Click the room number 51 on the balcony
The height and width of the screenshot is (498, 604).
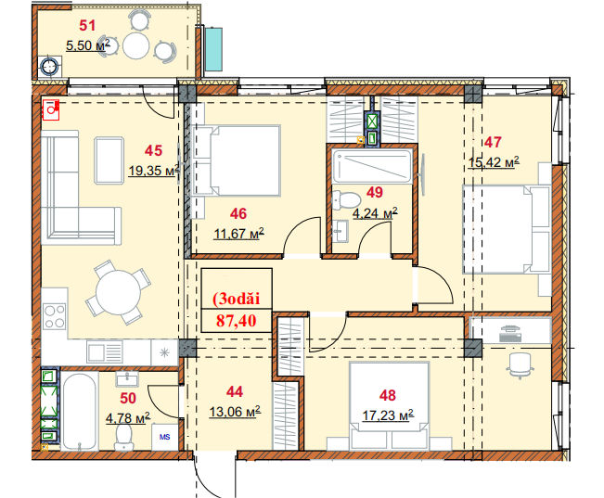[x=87, y=25]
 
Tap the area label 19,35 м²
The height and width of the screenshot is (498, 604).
[x=154, y=170]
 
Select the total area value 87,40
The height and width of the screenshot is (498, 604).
[x=237, y=321]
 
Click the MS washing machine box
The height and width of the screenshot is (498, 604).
[x=165, y=437]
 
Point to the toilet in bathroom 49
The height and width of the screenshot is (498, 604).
[x=346, y=200]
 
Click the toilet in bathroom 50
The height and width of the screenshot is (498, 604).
[x=123, y=437]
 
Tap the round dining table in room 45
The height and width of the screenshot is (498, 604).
[x=118, y=292]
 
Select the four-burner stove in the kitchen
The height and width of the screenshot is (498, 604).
[x=55, y=316]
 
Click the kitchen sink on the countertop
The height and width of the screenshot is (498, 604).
[x=105, y=351]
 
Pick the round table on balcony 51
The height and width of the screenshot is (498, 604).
[x=136, y=46]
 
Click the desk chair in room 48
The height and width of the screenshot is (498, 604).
[x=520, y=365]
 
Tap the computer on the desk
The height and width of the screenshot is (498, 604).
[x=511, y=334]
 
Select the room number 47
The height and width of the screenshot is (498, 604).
[x=493, y=143]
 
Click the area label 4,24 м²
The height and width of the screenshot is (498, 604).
[x=375, y=213]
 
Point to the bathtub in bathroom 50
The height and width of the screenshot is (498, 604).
[x=80, y=412]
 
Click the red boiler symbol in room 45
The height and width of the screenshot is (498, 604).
[x=50, y=109]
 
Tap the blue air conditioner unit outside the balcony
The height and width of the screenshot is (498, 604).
[x=213, y=49]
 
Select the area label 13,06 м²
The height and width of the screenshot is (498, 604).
[x=235, y=412]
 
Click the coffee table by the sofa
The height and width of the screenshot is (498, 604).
[x=109, y=160]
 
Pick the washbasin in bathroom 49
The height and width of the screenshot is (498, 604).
[x=341, y=231]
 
